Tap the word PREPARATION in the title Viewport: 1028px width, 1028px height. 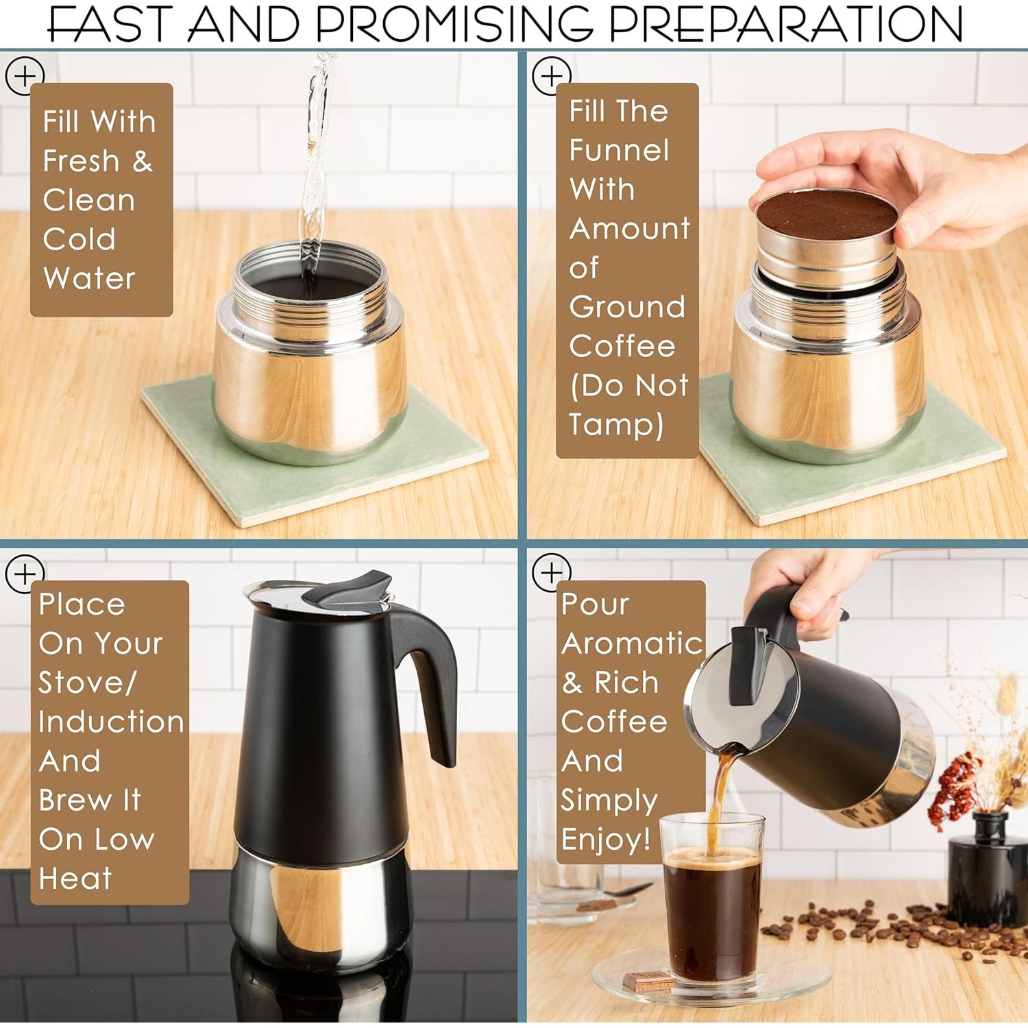(785, 23)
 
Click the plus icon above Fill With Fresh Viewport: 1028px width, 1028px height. (24, 75)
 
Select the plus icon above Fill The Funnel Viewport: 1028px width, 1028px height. (551, 75)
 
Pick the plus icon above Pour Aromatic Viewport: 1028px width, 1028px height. (551, 572)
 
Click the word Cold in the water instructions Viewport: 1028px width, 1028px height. (79, 239)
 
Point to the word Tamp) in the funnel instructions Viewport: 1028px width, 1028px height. (615, 424)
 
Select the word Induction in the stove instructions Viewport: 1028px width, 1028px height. (111, 722)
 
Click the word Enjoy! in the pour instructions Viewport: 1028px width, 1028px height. (605, 840)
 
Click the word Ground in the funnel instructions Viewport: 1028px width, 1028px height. (626, 306)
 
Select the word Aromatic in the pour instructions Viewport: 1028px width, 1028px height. (631, 644)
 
